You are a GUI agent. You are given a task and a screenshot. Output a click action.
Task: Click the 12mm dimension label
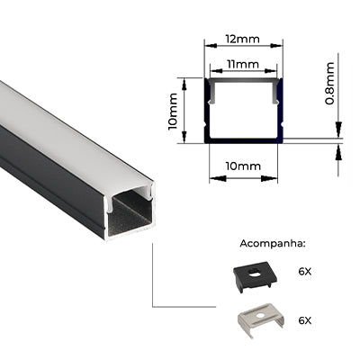tap(243, 39)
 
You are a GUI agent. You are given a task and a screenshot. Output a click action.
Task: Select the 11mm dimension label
tap(243, 64)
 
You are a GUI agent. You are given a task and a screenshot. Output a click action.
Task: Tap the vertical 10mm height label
tap(173, 112)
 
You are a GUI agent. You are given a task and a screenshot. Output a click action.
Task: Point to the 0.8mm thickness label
tap(329, 83)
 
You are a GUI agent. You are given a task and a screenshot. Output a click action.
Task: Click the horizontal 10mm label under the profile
tap(243, 166)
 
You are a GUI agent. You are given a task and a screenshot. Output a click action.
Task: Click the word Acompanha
tap(273, 244)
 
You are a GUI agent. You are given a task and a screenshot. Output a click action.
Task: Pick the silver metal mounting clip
tap(260, 320)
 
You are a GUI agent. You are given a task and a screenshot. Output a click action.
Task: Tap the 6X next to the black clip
tap(305, 272)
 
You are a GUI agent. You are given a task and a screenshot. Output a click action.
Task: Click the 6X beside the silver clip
tap(305, 320)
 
